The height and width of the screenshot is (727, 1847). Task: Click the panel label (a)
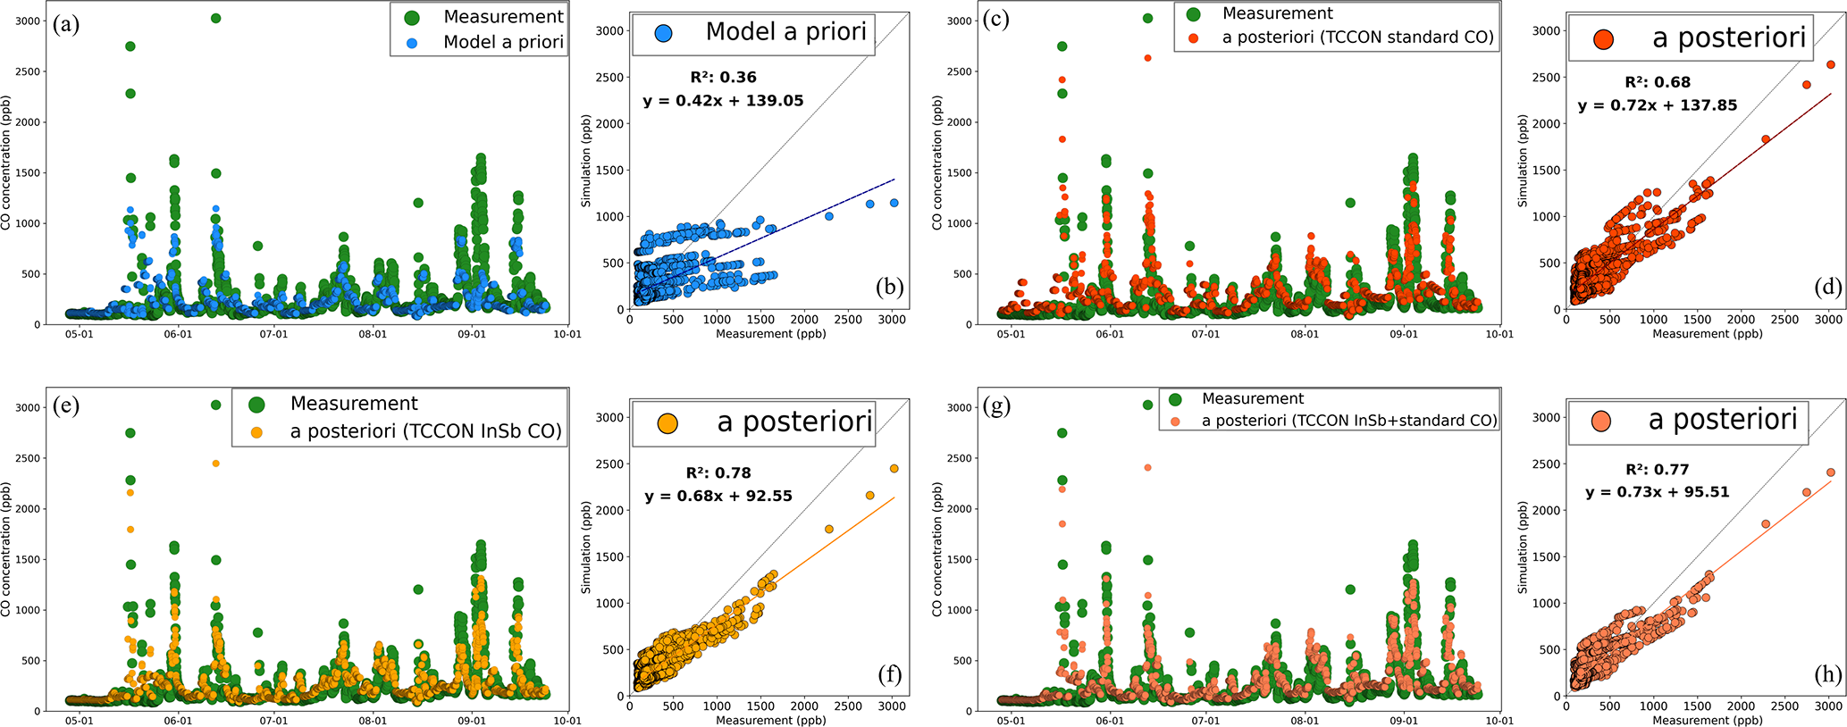click(x=66, y=24)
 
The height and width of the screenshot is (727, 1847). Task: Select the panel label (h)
click(x=1824, y=674)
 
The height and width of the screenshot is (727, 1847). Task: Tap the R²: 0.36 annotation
click(x=723, y=78)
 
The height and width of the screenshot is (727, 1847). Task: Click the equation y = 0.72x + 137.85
click(x=1658, y=105)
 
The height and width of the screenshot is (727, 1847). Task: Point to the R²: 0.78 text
click(x=718, y=473)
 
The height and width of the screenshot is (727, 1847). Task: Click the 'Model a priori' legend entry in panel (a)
click(x=503, y=42)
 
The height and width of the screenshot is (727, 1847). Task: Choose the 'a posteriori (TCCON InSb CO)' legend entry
click(x=425, y=431)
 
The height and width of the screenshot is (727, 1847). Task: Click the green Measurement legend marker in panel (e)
click(x=256, y=405)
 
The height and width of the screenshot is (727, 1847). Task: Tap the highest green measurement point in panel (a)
click(x=215, y=18)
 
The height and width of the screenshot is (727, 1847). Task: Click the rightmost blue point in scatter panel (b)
click(x=894, y=203)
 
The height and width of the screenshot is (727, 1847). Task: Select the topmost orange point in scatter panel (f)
click(x=894, y=469)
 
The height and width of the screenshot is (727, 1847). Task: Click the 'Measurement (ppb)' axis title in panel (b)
click(x=770, y=334)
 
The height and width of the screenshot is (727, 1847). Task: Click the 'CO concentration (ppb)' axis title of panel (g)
click(x=936, y=548)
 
